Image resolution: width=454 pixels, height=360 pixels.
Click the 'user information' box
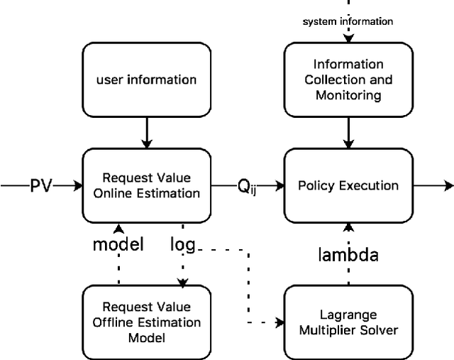tap(146, 79)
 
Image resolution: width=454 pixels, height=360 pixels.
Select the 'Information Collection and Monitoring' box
tap(348, 79)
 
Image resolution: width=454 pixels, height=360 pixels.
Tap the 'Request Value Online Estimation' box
tap(146, 185)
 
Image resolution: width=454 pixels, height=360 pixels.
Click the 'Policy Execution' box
tap(348, 185)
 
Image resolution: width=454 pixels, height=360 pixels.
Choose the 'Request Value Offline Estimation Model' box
tap(146, 322)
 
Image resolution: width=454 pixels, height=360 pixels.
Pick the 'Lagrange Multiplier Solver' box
tap(348, 322)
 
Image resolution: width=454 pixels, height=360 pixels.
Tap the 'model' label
tap(118, 244)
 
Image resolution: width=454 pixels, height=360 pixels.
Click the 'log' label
tap(182, 244)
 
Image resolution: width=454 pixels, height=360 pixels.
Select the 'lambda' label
tap(348, 255)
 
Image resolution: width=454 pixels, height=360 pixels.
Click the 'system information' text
tap(348, 21)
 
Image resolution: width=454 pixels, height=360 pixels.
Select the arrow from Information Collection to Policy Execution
tap(348, 133)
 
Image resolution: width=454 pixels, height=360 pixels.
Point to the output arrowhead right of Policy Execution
tap(448, 186)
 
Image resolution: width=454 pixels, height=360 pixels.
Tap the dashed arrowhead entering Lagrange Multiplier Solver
tap(278, 322)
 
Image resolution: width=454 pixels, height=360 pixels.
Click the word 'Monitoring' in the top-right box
tap(348, 94)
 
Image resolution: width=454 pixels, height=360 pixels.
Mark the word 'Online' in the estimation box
tap(114, 193)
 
